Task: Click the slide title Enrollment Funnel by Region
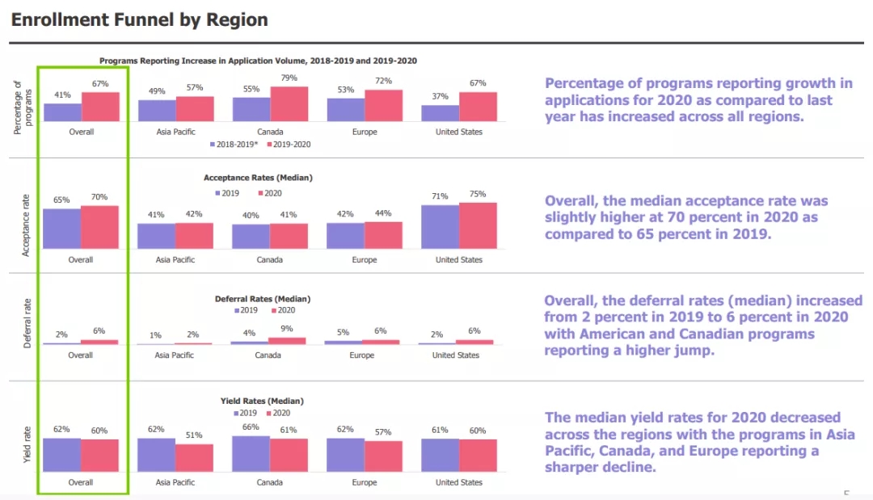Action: coord(139,19)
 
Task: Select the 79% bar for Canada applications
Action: coord(289,104)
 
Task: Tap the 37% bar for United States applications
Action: coord(440,113)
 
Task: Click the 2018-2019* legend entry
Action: coord(234,145)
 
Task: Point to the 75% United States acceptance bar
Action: coord(478,225)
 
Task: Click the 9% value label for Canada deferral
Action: coord(288,329)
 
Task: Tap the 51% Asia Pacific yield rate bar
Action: coord(194,457)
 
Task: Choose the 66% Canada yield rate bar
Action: coord(251,453)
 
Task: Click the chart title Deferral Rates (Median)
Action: coord(263,299)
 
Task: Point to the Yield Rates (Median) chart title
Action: coord(263,401)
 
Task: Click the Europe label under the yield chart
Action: coord(365,482)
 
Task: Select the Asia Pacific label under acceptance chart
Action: coord(175,260)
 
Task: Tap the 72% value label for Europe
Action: coord(383,82)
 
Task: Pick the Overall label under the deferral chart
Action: coord(81,355)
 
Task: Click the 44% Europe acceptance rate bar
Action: coord(383,235)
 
